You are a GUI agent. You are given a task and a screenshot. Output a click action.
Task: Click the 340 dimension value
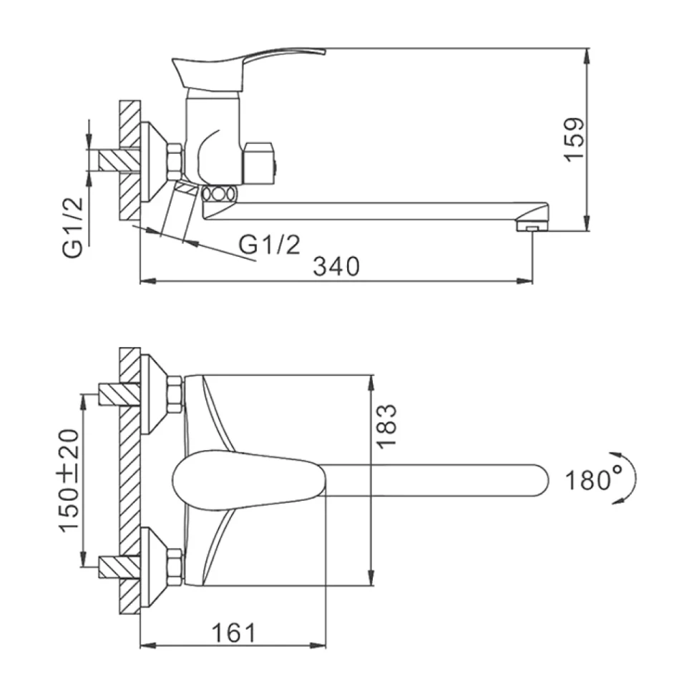pyautogui.click(x=336, y=266)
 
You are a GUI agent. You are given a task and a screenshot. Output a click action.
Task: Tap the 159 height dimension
pyautogui.click(x=574, y=140)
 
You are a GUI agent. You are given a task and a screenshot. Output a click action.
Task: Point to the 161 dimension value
pyautogui.click(x=234, y=633)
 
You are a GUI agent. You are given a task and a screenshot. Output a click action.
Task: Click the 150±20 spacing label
pyautogui.click(x=69, y=480)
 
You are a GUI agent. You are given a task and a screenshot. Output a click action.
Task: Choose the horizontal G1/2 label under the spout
pyautogui.click(x=270, y=244)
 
